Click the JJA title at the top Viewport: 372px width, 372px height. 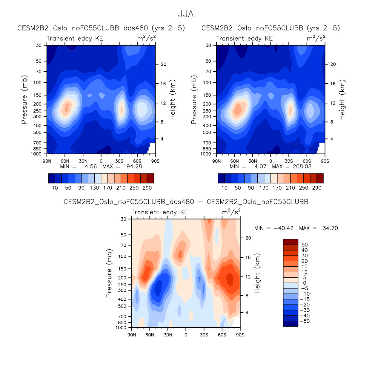tap(186, 14)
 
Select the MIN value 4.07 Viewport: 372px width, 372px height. tap(260, 167)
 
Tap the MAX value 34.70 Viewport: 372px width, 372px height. tap(330, 228)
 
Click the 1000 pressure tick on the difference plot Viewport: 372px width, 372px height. tap(121, 328)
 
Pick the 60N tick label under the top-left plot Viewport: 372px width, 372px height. tap(65, 161)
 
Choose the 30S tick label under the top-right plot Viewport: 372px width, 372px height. tap(289, 161)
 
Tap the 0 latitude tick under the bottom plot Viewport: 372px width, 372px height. tap(186, 335)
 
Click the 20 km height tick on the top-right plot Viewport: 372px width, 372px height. tap(333, 64)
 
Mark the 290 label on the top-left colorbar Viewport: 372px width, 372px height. tap(147, 188)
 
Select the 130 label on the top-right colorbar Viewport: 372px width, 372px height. tap(264, 188)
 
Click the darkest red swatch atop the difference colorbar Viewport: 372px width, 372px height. tap(290, 242)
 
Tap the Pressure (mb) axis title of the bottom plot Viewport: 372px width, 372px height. tap(109, 273)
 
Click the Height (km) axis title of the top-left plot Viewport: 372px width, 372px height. tap(173, 99)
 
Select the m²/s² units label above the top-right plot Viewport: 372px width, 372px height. tap(316, 38)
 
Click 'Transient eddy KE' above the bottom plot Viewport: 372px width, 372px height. tap(159, 212)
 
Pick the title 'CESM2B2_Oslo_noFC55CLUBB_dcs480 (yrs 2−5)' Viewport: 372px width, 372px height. tap(101, 28)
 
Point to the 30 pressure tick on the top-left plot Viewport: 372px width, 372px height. tap(39, 45)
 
